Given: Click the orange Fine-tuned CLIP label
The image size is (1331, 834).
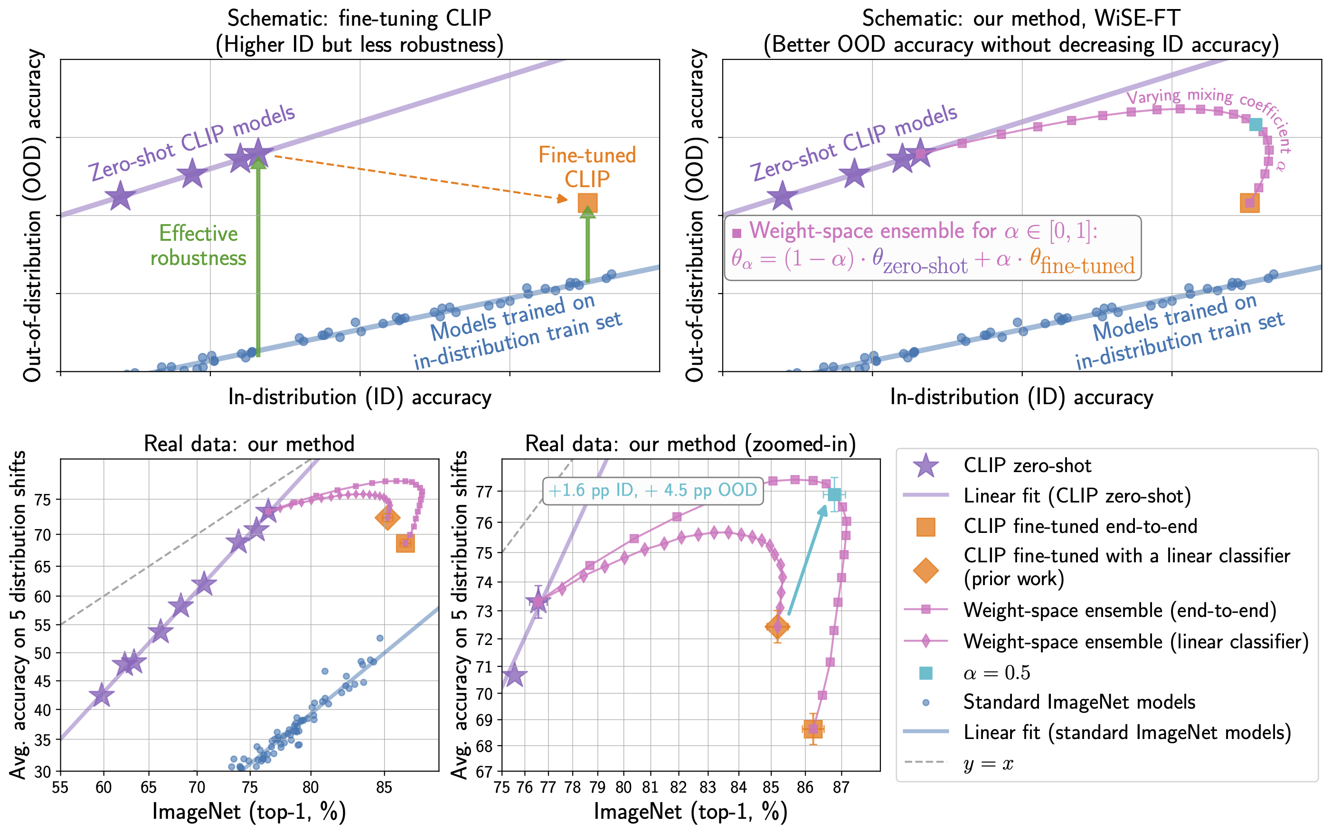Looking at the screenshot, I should (586, 167).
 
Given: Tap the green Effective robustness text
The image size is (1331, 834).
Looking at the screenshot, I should (198, 246).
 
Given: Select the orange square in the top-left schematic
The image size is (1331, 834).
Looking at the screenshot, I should (587, 203).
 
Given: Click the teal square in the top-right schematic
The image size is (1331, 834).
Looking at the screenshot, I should (1255, 124).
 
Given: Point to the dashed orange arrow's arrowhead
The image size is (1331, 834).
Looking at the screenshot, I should (562, 199).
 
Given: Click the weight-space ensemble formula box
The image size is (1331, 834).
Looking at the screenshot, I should (932, 247).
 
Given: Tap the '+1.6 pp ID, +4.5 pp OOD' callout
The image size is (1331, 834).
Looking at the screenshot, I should (653, 490).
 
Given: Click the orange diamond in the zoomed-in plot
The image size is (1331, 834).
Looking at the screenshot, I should (777, 626).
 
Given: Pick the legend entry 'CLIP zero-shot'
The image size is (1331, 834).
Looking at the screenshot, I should (1027, 465).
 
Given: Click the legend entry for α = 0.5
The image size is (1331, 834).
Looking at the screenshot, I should (996, 673).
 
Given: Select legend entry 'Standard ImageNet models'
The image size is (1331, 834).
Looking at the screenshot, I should (1078, 702).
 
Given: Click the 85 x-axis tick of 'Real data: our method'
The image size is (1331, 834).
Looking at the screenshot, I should (384, 787).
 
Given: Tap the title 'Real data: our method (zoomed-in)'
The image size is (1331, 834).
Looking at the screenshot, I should (690, 444).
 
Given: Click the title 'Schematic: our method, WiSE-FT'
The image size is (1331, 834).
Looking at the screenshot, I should (1021, 19).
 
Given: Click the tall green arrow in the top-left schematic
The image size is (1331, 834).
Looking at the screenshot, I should (258, 259).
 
